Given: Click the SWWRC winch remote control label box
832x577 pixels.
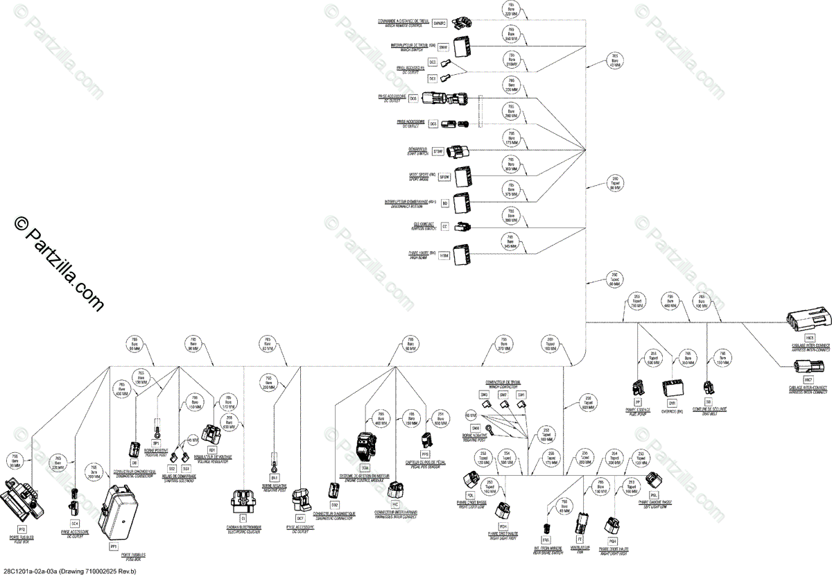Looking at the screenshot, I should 439,24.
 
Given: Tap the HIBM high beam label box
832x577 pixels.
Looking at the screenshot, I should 444,255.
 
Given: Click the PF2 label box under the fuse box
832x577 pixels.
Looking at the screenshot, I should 21,530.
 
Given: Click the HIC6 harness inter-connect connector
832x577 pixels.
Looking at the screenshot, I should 808,322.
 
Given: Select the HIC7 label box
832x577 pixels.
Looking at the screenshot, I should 808,380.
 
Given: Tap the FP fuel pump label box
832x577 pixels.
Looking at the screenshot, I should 638,402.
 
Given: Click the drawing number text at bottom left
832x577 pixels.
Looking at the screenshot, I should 69,571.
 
